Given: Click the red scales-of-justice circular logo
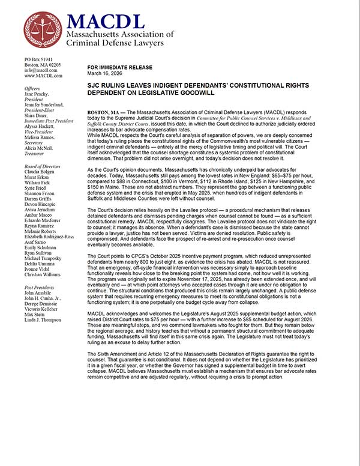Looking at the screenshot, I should [x=43, y=30].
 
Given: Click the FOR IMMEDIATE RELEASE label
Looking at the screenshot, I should [x=119, y=68].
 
